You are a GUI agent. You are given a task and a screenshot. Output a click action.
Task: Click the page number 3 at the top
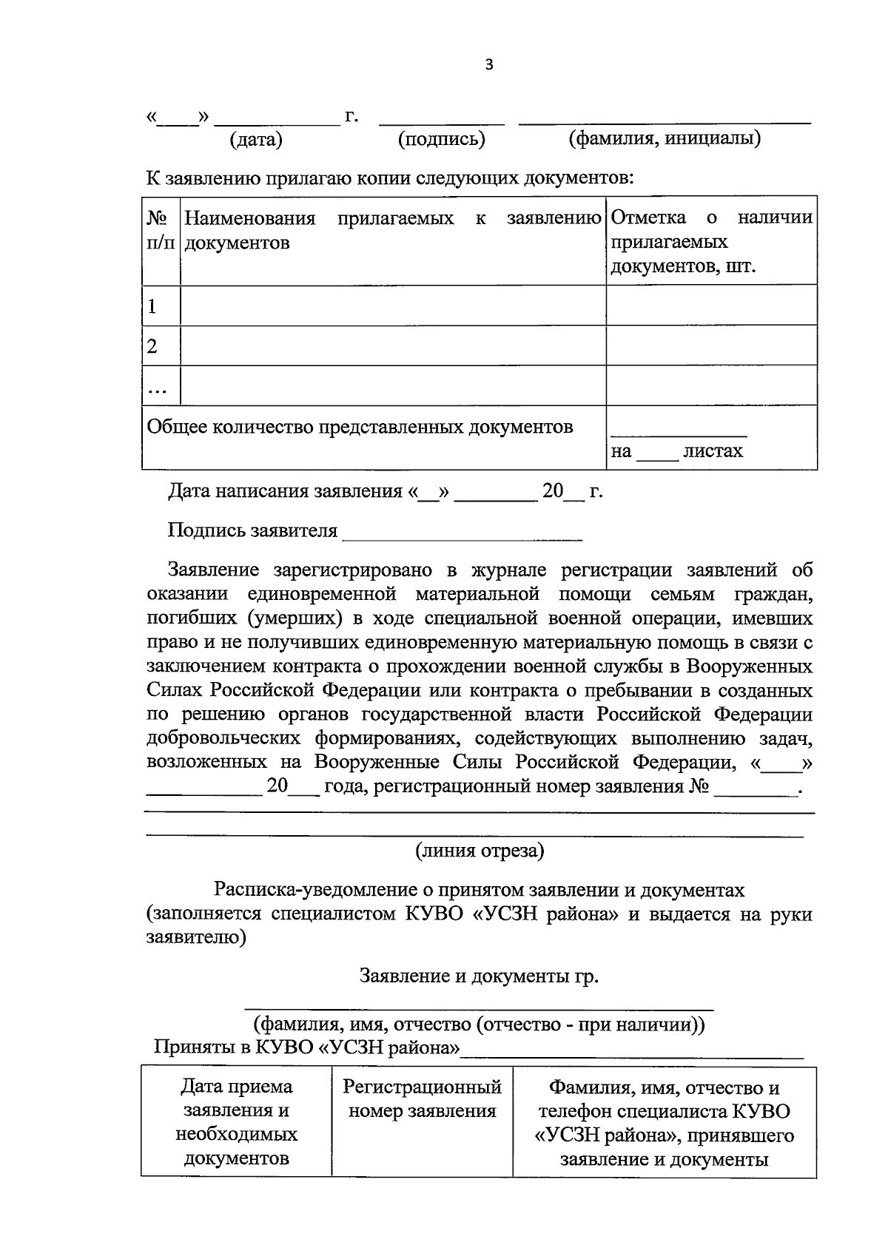tap(488, 64)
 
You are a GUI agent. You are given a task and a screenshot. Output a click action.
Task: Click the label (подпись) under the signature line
tap(441, 138)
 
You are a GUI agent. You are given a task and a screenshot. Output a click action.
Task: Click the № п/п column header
tap(161, 230)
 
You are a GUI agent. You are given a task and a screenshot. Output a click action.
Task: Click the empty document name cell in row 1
tap(393, 306)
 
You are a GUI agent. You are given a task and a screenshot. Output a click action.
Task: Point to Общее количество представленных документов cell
tap(360, 427)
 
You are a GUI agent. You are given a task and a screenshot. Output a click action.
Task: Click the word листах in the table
tap(713, 451)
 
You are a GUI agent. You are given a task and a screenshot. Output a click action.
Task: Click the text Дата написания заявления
tap(285, 490)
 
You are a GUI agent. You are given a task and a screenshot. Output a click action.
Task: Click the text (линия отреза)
tap(479, 851)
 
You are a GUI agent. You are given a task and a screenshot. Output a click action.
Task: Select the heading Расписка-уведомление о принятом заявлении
tap(479, 890)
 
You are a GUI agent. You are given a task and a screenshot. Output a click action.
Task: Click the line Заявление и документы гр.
tap(479, 976)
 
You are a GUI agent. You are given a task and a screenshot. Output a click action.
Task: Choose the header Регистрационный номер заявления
tap(422, 1098)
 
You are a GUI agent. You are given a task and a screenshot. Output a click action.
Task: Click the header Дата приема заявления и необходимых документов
tap(236, 1121)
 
